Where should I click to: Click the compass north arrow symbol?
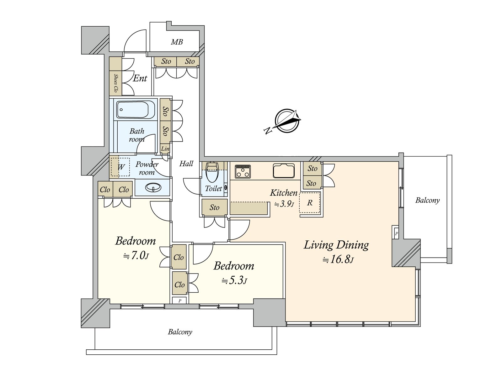pyautogui.click(x=286, y=121)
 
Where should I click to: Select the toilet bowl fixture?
pyautogui.click(x=212, y=173)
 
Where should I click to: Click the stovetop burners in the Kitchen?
pyautogui.click(x=243, y=171)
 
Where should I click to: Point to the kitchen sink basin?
pyautogui.click(x=284, y=171)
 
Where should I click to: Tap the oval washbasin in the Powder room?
pyautogui.click(x=153, y=188)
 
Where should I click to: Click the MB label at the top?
pyautogui.click(x=177, y=42)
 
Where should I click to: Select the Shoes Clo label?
pyautogui.click(x=115, y=83)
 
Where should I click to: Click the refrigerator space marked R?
pyautogui.click(x=310, y=203)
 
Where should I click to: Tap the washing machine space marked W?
pyautogui.click(x=121, y=167)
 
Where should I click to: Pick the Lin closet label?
pyautogui.click(x=165, y=149)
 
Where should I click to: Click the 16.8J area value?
pyautogui.click(x=338, y=259)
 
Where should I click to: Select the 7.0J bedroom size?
pyautogui.click(x=136, y=255)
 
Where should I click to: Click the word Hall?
pyautogui.click(x=186, y=164)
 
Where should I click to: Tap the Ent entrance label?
pyautogui.click(x=140, y=78)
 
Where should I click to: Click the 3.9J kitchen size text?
pyautogui.click(x=284, y=204)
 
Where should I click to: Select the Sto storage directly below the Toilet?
pyautogui.click(x=214, y=207)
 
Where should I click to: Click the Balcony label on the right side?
pyautogui.click(x=427, y=200)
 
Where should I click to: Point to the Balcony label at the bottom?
pyautogui.click(x=180, y=332)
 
